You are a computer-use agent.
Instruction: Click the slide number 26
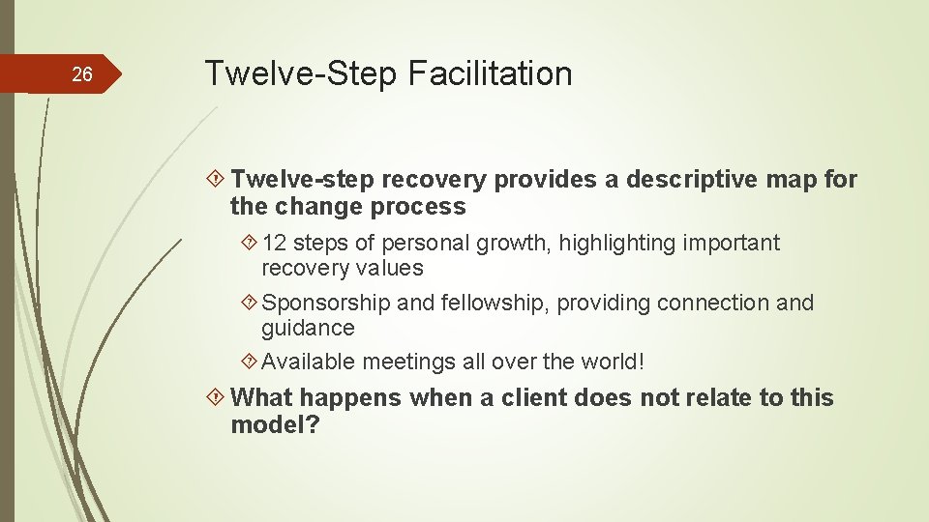(x=82, y=74)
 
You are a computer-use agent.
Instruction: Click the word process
(x=423, y=207)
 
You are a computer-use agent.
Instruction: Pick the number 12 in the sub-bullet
(x=274, y=243)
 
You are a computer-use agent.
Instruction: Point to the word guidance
(x=308, y=328)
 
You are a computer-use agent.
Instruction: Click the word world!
(x=612, y=362)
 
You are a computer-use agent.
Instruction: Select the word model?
(x=275, y=424)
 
